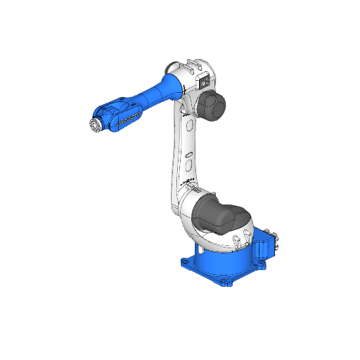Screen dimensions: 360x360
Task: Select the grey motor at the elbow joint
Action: tap(211, 105)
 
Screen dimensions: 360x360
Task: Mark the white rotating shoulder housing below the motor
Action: tap(211, 239)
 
